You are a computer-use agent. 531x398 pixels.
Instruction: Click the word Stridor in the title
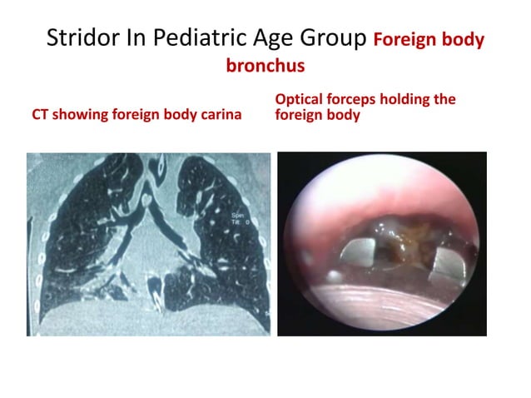[74, 38]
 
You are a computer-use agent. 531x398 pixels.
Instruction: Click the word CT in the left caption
[40, 115]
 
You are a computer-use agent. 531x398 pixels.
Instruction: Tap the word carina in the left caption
[217, 115]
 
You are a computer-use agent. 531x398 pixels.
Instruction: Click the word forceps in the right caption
[355, 99]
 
